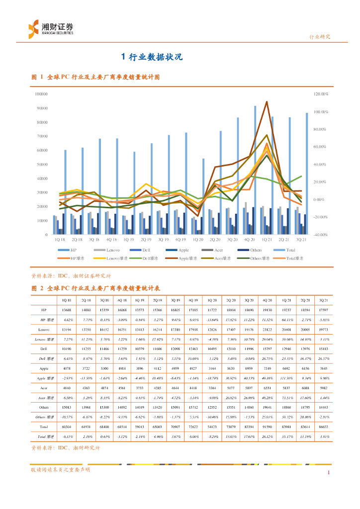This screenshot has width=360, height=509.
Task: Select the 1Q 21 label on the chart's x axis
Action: pyautogui.click(x=267, y=239)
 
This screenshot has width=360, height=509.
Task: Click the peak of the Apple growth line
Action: pyautogui.click(x=267, y=102)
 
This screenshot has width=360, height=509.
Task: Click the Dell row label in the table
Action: pyautogui.click(x=44, y=348)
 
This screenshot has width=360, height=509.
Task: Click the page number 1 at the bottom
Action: pyautogui.click(x=328, y=473)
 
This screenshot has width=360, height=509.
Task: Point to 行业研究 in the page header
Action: pyautogui.click(x=319, y=37)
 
